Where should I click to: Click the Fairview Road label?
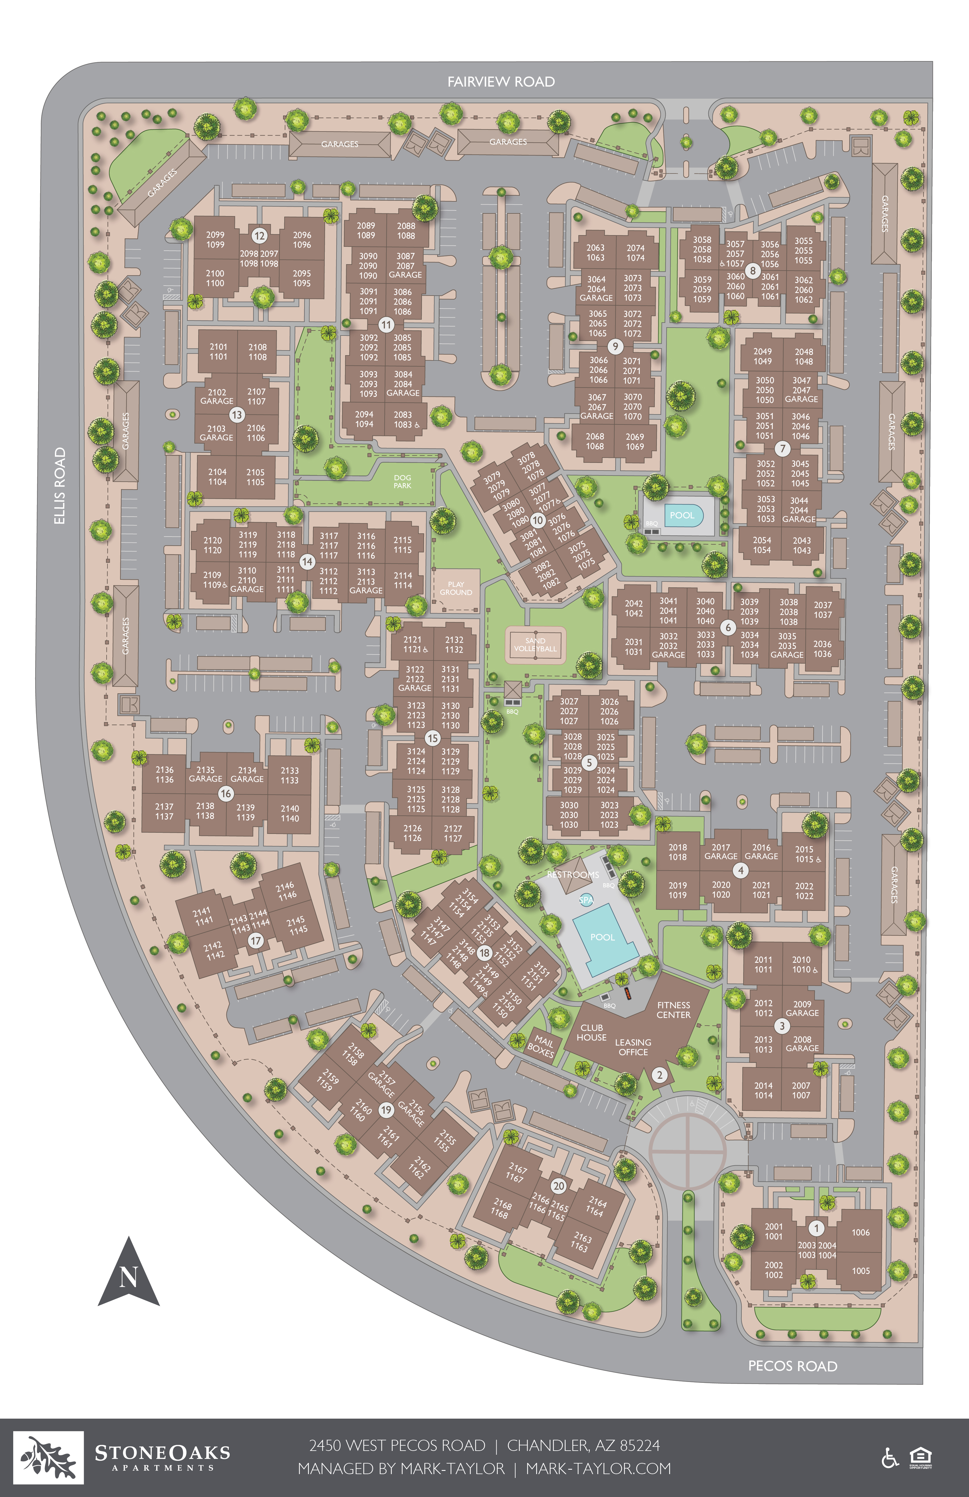pyautogui.click(x=501, y=82)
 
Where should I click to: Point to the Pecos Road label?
pyautogui.click(x=792, y=1365)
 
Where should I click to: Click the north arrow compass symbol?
pyautogui.click(x=128, y=1274)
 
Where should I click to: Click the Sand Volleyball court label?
pyautogui.click(x=536, y=645)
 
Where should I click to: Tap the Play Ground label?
pyautogui.click(x=455, y=588)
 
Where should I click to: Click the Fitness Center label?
pyautogui.click(x=673, y=1009)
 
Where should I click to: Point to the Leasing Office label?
pyautogui.click(x=633, y=1047)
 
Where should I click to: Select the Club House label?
pyautogui.click(x=591, y=1032)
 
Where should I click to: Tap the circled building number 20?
pyautogui.click(x=559, y=1186)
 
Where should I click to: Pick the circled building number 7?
pyautogui.click(x=782, y=449)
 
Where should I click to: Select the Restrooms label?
pyautogui.click(x=573, y=874)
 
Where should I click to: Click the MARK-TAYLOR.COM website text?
pyautogui.click(x=598, y=1469)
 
